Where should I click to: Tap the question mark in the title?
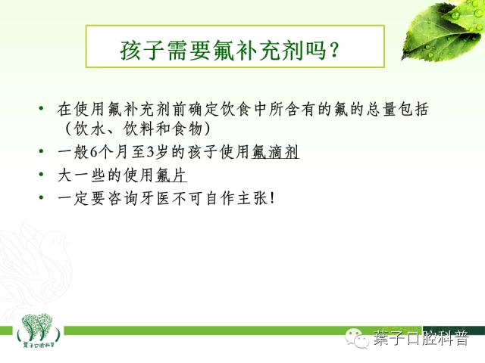click(333, 51)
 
